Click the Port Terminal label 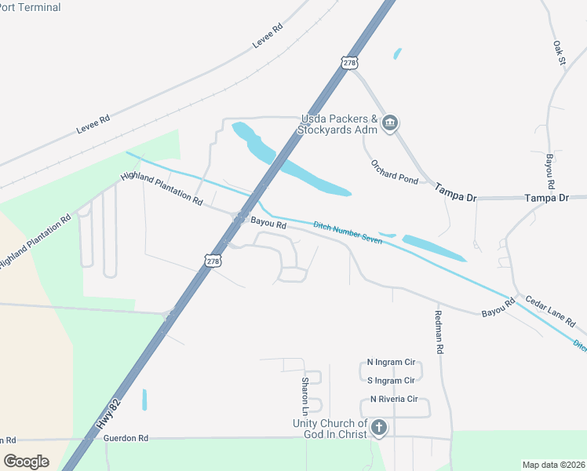[31, 7]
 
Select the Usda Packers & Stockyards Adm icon [391, 123]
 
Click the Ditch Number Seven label [348, 232]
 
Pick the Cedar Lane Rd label [550, 312]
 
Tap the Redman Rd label [439, 330]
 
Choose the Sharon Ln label [305, 396]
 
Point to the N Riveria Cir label [395, 399]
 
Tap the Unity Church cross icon [379, 428]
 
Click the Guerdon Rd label [126, 437]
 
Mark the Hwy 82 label [109, 413]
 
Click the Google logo [27, 462]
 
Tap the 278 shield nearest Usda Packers [350, 62]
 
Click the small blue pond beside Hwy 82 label [144, 400]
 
